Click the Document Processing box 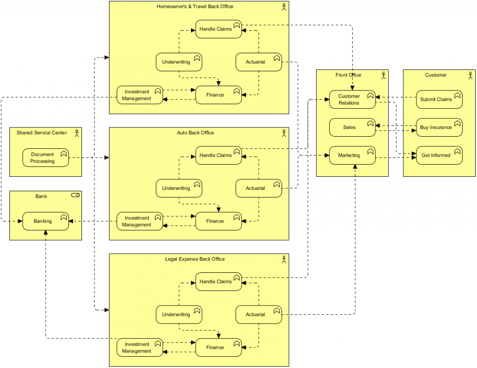46,158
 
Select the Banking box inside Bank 46,221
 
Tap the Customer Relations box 352,99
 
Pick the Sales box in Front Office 352,127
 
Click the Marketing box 352,155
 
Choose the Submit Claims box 439,99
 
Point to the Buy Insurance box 439,127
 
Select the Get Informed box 439,155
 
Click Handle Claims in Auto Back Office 218,155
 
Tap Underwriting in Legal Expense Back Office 179,314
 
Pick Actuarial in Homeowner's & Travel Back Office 259,62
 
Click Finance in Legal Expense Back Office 218,347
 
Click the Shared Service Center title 42,133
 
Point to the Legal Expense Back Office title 195,259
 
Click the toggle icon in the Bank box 75,195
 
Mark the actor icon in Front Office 383,75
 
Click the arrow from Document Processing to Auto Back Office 89,158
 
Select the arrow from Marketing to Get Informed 396,158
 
